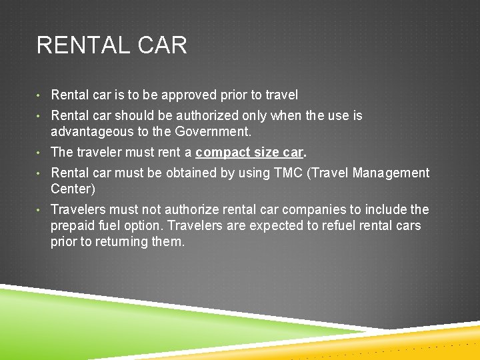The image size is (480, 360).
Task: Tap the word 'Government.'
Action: coord(213,132)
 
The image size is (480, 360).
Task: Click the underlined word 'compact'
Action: coord(221,153)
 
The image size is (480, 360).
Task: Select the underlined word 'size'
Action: coord(265,153)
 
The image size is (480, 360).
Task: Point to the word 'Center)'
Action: coord(73,189)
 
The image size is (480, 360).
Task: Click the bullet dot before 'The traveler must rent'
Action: coord(41,153)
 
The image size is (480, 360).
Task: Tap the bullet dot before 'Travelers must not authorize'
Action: coord(41,210)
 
